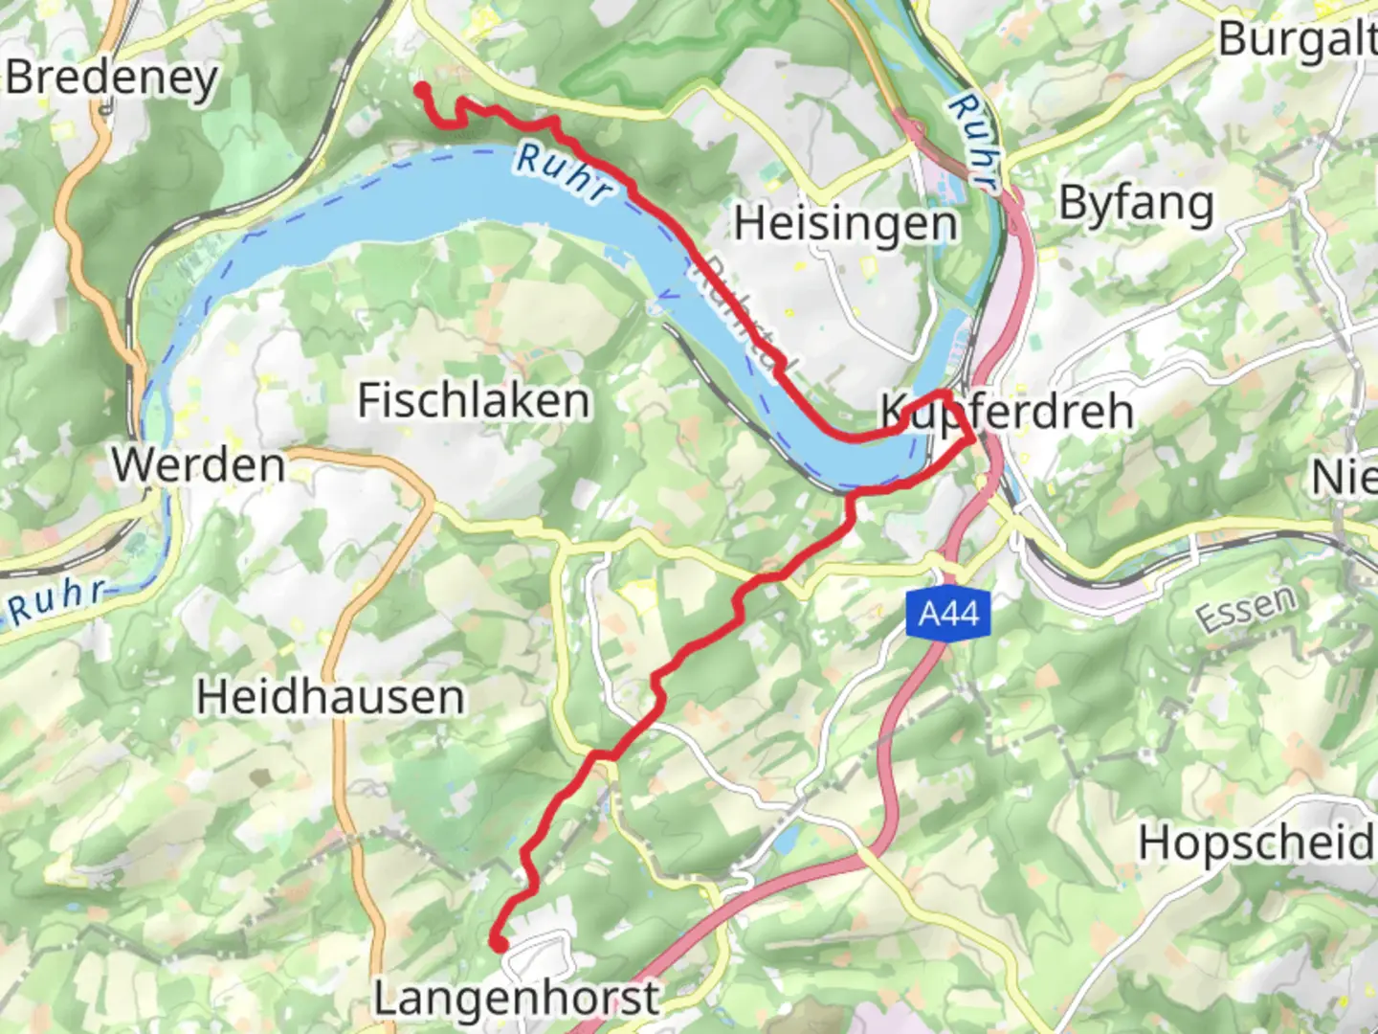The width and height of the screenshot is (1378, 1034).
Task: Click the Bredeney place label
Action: [112, 77]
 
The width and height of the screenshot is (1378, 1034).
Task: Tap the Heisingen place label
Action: [846, 224]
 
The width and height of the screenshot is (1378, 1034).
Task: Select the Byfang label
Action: [1136, 204]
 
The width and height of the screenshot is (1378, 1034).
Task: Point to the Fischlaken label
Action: [474, 400]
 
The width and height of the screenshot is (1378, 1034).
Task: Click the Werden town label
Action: [199, 466]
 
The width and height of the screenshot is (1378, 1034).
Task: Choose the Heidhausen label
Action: [330, 696]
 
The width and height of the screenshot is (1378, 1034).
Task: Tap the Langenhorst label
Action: [516, 999]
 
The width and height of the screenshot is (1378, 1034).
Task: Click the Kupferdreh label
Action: [1007, 412]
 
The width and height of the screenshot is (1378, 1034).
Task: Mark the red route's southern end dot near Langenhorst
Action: [499, 944]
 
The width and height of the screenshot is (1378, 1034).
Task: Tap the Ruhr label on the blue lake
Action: [563, 172]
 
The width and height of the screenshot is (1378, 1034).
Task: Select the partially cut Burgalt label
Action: [1298, 40]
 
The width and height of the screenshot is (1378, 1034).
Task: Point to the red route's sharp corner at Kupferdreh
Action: [973, 438]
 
